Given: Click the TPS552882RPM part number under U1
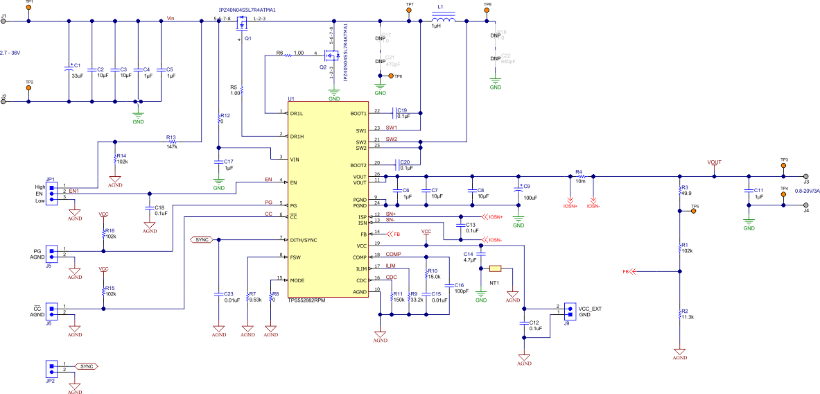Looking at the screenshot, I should [307, 300].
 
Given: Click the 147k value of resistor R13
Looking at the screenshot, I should [171, 146].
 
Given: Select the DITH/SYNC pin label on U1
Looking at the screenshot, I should [304, 239].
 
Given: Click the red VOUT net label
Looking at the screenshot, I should [714, 163].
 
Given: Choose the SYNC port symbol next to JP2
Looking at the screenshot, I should [85, 366].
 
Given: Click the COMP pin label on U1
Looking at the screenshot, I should [360, 257].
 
